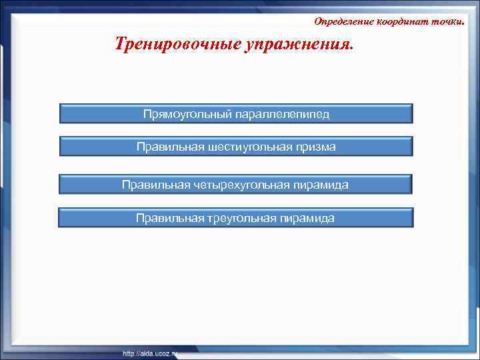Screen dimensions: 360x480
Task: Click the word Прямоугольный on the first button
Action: (x=187, y=114)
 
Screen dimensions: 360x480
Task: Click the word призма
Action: (x=314, y=147)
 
